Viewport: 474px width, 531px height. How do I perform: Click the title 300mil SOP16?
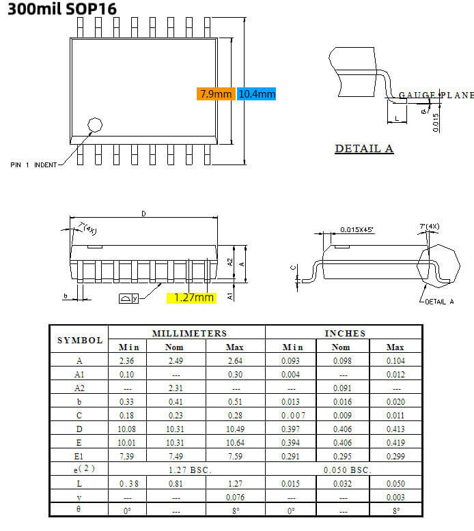59,9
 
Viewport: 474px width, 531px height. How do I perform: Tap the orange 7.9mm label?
216,94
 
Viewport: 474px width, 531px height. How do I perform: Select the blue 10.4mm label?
257,94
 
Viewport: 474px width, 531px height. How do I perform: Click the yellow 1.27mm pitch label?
194,298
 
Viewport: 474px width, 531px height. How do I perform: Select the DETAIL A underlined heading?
364,149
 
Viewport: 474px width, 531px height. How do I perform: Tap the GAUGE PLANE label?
435,95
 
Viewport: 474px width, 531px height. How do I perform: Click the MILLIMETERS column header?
189,333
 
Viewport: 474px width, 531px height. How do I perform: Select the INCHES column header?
345,333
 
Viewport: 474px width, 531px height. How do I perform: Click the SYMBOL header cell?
80,340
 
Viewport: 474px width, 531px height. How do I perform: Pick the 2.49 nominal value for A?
176,360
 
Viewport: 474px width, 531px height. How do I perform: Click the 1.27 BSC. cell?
189,470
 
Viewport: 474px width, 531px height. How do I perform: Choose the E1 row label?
80,457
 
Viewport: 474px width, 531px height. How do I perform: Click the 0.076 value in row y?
234,498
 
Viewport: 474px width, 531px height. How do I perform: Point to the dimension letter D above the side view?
143,214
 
